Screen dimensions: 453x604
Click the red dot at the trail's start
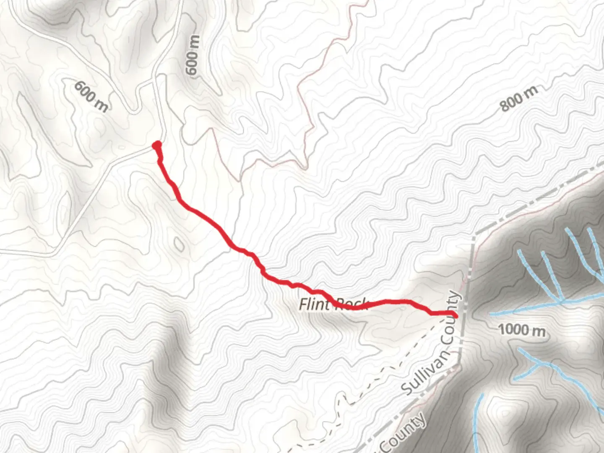click(x=157, y=146)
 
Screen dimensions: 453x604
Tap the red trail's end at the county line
click(x=455, y=314)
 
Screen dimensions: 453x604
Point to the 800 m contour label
click(x=518, y=99)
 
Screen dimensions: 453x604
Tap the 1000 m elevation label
click(x=522, y=330)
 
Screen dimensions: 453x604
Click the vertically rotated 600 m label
click(x=193, y=55)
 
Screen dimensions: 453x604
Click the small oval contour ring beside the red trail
click(x=179, y=244)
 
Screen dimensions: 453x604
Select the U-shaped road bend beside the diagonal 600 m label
click(x=133, y=110)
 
